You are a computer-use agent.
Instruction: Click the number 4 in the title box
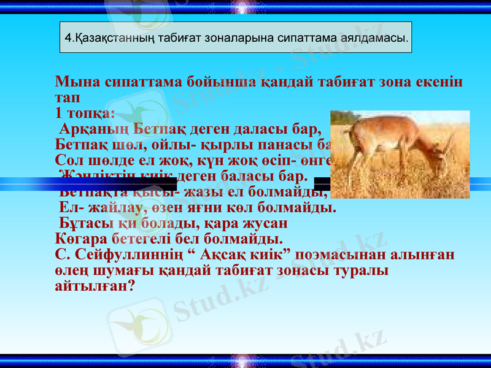click(68, 38)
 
